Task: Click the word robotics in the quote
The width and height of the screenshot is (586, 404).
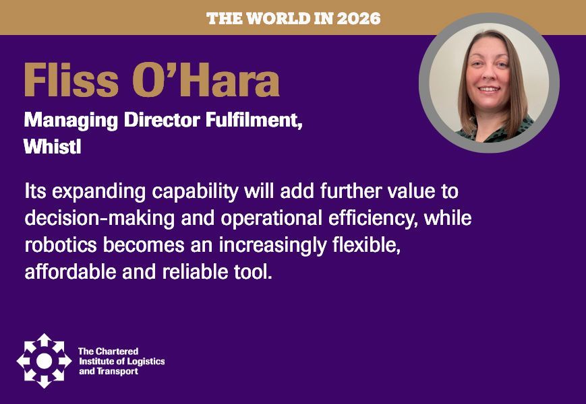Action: tap(58, 246)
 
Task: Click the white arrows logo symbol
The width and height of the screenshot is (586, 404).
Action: tap(44, 360)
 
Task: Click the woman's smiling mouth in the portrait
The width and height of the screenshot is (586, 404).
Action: tap(488, 89)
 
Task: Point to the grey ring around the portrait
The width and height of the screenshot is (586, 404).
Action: tap(426, 81)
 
